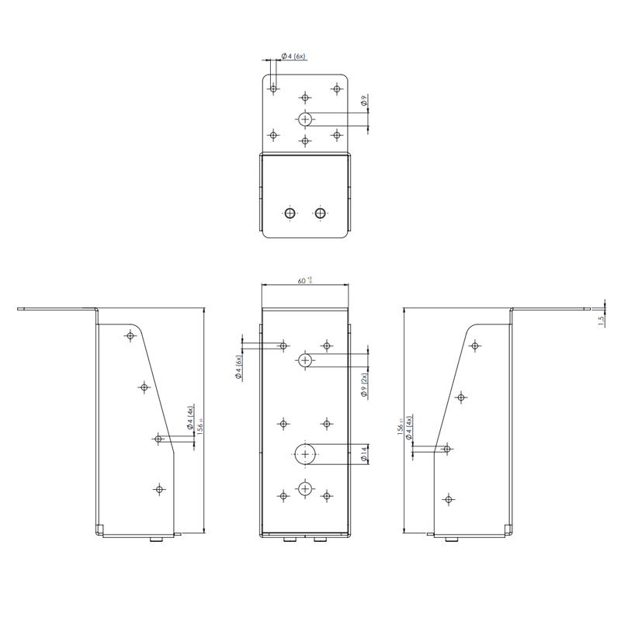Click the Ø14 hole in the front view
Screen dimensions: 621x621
pyautogui.click(x=306, y=454)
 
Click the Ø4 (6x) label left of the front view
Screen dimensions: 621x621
pyautogui.click(x=240, y=366)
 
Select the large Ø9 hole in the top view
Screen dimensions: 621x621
pyautogui.click(x=305, y=119)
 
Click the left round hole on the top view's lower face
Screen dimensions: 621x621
pyautogui.click(x=290, y=213)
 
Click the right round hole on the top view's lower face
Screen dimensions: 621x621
pyautogui.click(x=320, y=213)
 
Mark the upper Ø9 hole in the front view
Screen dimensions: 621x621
pyautogui.click(x=306, y=359)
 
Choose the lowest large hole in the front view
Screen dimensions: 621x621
pyautogui.click(x=306, y=488)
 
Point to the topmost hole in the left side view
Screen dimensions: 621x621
pyautogui.click(x=130, y=335)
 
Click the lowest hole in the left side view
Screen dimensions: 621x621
pyautogui.click(x=159, y=489)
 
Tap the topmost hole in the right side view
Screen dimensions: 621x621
pyautogui.click(x=475, y=345)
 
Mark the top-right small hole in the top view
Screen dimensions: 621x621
pyautogui.click(x=336, y=88)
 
